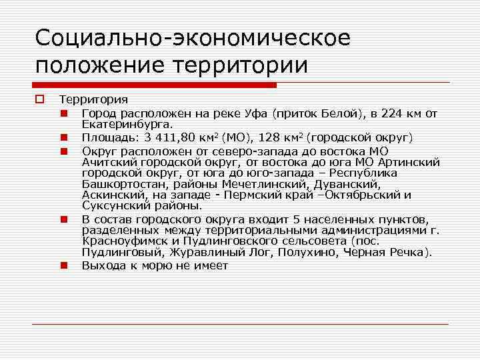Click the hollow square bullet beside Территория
pyautogui.click(x=39, y=100)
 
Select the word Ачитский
pyautogui.click(x=107, y=162)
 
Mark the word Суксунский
pyautogui.click(x=113, y=206)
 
